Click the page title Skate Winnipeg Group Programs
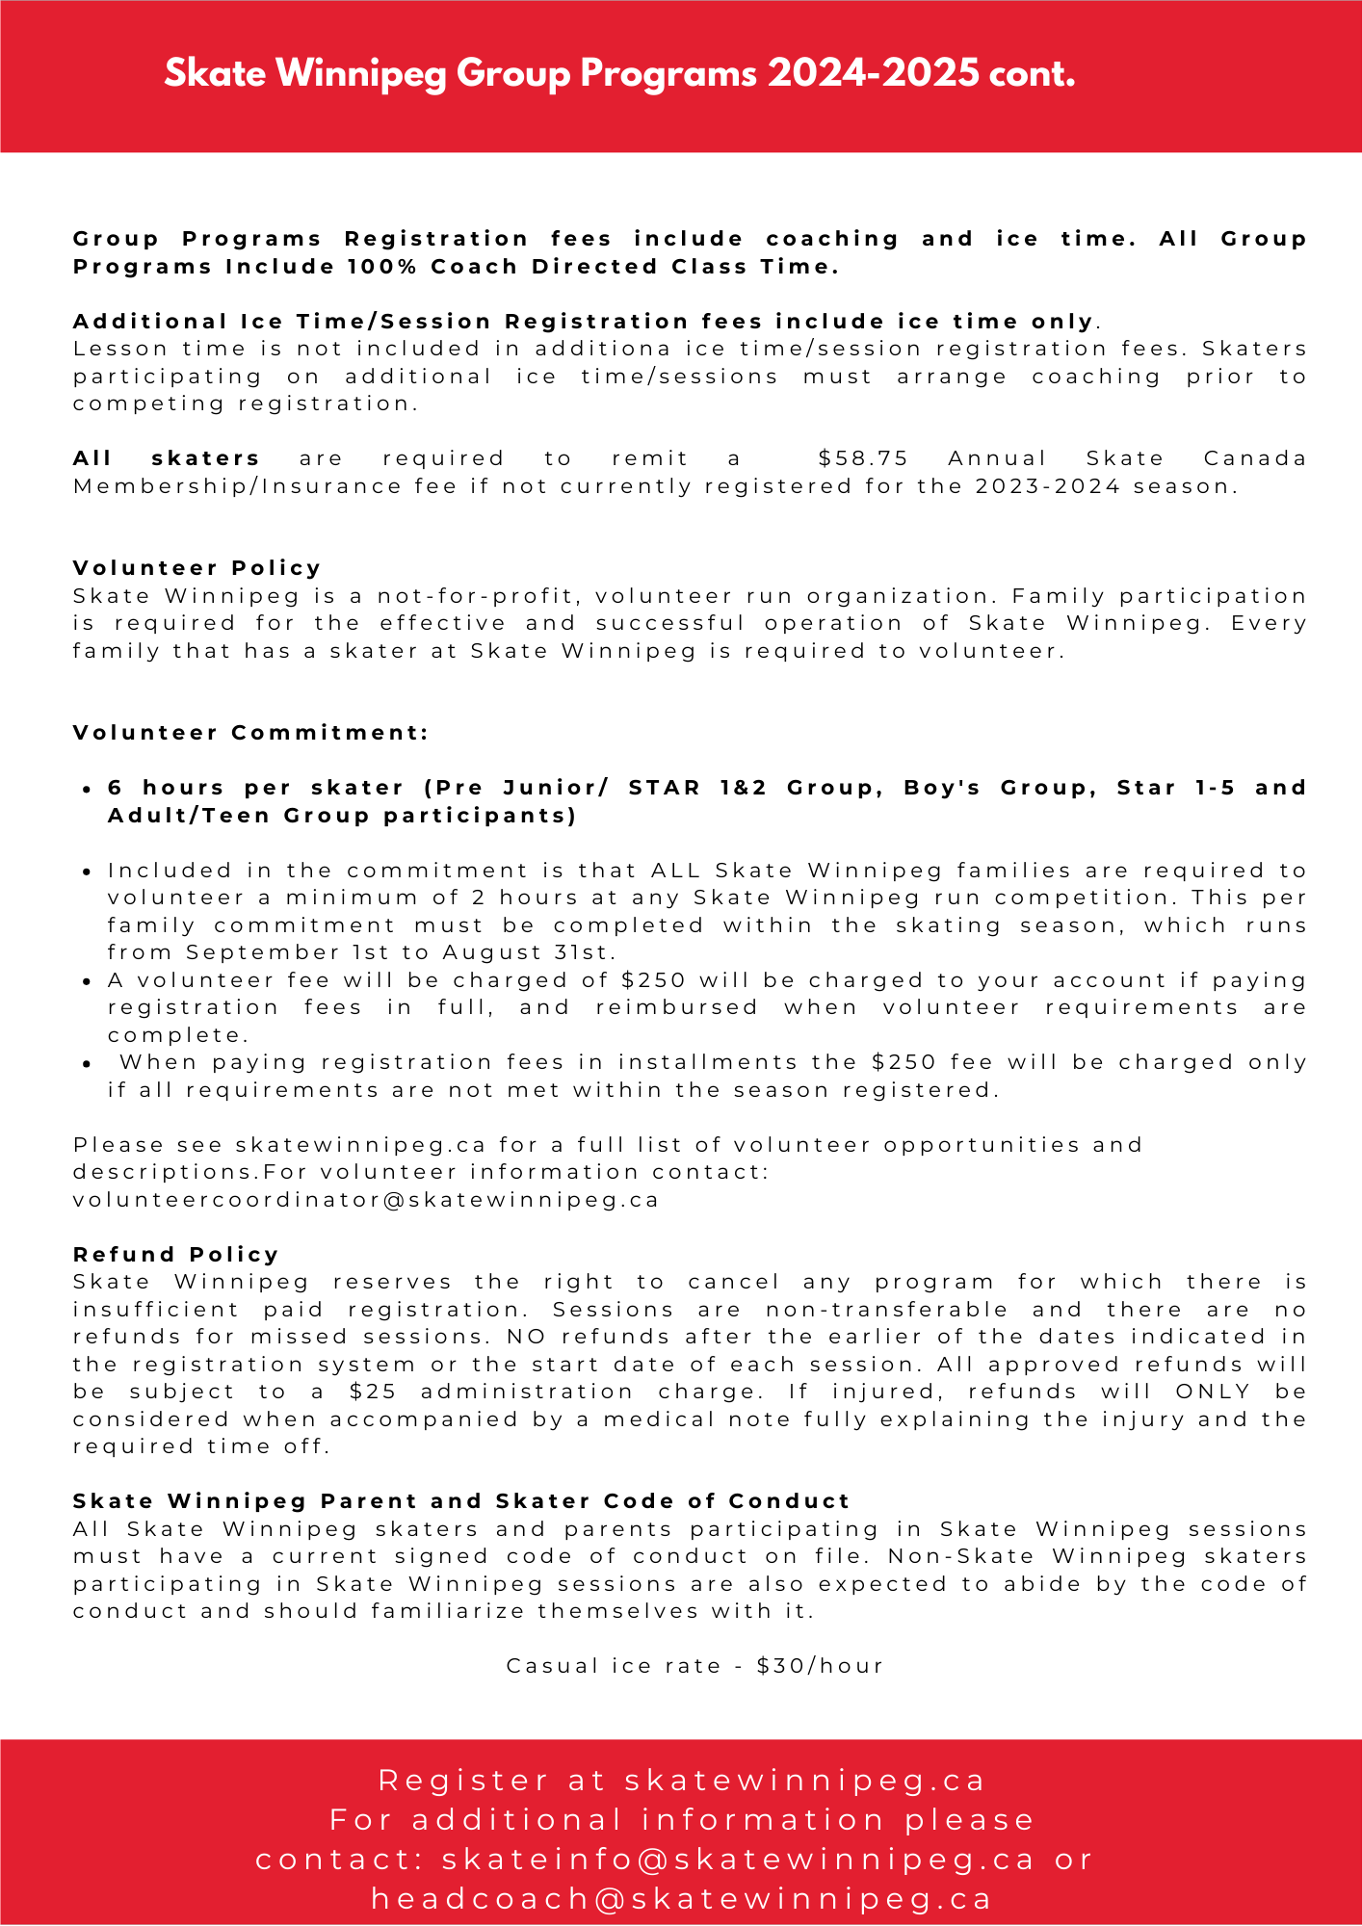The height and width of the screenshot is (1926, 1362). tap(619, 74)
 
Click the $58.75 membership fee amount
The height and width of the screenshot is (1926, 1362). tap(862, 458)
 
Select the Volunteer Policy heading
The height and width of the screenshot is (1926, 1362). tap(197, 568)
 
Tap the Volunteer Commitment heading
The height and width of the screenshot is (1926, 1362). tap(250, 733)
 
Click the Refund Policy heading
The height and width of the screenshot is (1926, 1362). tap(176, 1255)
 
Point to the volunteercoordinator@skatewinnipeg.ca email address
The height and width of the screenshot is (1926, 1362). tap(366, 1200)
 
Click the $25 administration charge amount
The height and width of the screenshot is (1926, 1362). tap(371, 1392)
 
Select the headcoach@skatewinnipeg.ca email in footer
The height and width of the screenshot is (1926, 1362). tap(682, 1898)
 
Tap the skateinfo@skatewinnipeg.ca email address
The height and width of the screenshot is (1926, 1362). tap(738, 1859)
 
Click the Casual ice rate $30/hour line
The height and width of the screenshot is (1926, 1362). tap(694, 1666)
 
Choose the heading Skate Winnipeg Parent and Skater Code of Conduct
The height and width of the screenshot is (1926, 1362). tap(461, 1501)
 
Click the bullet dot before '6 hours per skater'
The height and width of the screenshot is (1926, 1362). tap(87, 789)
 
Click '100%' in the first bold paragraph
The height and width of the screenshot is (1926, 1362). tap(382, 267)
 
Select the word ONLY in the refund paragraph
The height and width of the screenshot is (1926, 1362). tap(1213, 1392)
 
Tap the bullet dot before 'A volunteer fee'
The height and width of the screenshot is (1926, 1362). tap(87, 981)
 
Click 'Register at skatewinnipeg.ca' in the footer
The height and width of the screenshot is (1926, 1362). tap(682, 1781)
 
